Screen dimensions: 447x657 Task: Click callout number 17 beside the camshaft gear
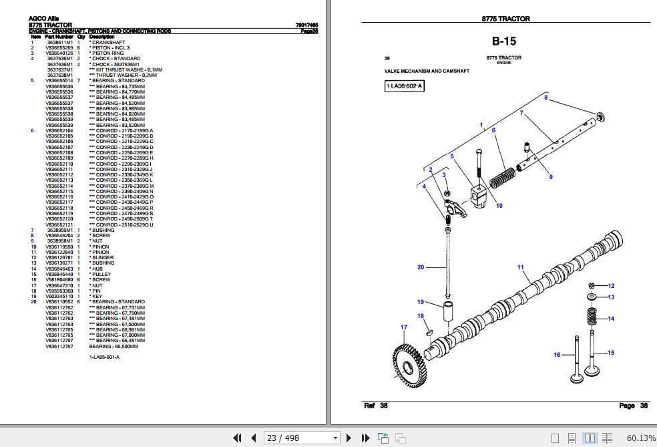click(x=403, y=327)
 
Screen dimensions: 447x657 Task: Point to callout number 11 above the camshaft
click(x=521, y=267)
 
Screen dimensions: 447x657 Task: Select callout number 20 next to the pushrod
click(x=421, y=267)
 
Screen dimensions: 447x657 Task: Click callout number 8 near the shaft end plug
click(x=545, y=98)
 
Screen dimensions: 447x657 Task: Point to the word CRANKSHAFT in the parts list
click(x=108, y=42)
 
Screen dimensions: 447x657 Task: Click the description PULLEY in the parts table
click(x=102, y=274)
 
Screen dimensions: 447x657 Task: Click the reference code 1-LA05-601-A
click(x=104, y=358)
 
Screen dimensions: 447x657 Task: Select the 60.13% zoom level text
click(x=641, y=438)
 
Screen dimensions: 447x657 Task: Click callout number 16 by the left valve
click(x=557, y=355)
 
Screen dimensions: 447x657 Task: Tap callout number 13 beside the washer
click(x=610, y=297)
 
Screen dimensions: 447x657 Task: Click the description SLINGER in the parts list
click(x=103, y=257)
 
